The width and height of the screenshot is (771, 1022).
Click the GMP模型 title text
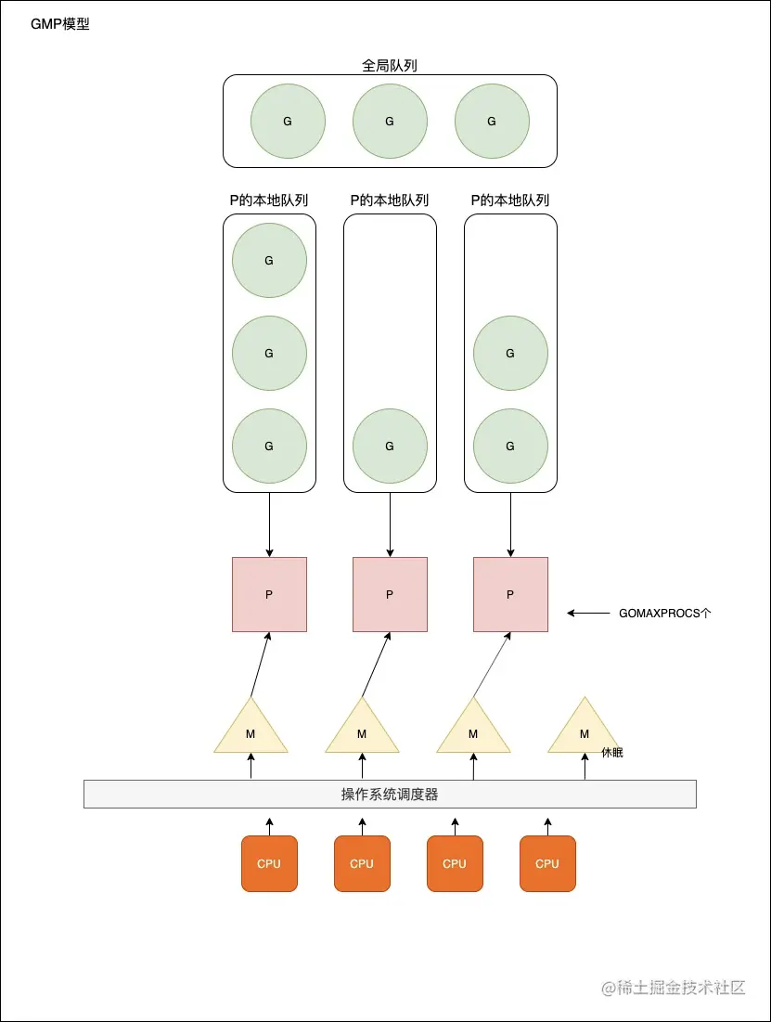point(60,24)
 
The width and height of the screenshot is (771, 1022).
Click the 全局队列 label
point(389,65)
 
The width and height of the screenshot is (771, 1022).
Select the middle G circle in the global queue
point(390,122)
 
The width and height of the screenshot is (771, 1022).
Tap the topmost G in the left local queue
point(269,260)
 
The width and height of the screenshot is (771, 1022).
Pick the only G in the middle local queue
point(390,446)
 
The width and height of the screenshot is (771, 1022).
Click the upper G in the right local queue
point(510,354)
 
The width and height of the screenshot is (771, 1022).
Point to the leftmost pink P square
point(269,594)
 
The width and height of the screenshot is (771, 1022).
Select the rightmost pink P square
point(510,594)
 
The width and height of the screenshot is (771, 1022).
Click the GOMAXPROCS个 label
point(665,614)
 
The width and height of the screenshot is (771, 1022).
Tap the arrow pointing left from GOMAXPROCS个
point(588,614)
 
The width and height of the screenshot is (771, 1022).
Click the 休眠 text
point(612,752)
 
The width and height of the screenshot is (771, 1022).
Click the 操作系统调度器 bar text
point(390,794)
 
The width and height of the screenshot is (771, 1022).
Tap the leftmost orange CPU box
point(269,863)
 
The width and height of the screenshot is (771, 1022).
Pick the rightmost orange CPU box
point(547,863)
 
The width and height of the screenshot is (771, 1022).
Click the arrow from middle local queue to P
point(390,524)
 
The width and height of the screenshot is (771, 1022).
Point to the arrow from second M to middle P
point(376,665)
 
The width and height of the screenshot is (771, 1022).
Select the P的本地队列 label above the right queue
point(510,201)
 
